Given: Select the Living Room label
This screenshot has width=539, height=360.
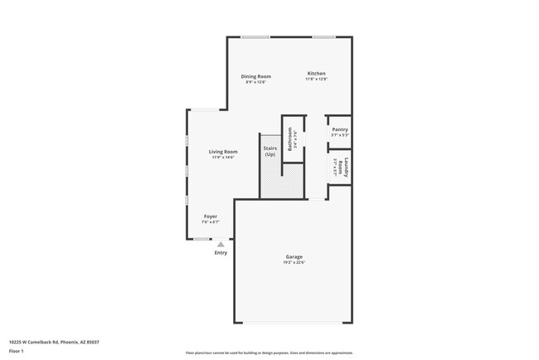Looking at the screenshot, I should tap(223, 152).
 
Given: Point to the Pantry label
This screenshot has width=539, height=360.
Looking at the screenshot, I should tap(340, 129).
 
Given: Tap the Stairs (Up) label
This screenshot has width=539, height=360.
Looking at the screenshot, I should tap(270, 152).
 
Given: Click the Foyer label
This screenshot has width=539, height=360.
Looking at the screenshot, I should tap(211, 216).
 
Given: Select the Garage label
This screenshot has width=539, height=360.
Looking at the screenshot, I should tap(294, 257).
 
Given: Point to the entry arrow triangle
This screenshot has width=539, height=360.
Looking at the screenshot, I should tap(221, 245).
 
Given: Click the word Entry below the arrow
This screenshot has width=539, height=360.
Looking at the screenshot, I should tap(221, 253).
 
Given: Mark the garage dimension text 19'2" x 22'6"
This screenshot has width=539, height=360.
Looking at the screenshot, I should tap(294, 263).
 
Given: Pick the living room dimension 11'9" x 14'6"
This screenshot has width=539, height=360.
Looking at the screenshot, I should tap(223, 158).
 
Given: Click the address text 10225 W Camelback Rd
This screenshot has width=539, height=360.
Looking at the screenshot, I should tap(48, 340).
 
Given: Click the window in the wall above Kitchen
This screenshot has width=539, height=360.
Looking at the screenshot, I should tap(323, 36).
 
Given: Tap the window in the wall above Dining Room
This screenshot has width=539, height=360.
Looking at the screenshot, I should tap(255, 36).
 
